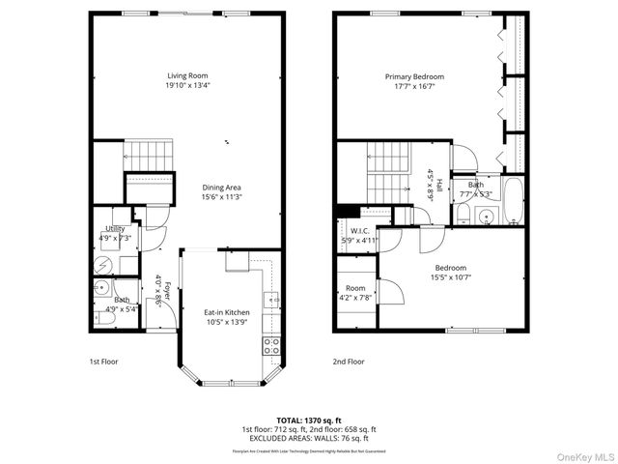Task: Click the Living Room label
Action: pyautogui.click(x=187, y=75)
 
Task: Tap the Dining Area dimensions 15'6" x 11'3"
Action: pyautogui.click(x=221, y=197)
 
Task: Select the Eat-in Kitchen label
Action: pyautogui.click(x=226, y=312)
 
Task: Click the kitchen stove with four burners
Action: pyautogui.click(x=272, y=345)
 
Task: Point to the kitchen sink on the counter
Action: pyautogui.click(x=272, y=297)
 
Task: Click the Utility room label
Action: pyautogui.click(x=115, y=228)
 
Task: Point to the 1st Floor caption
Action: pyautogui.click(x=103, y=362)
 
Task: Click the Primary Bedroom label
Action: pyautogui.click(x=414, y=76)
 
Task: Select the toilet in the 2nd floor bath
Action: pyautogui.click(x=464, y=210)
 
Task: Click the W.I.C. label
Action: pyautogui.click(x=359, y=231)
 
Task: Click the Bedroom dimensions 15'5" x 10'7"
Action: pyautogui.click(x=450, y=277)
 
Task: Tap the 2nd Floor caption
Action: pyautogui.click(x=350, y=362)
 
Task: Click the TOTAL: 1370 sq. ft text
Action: pyautogui.click(x=309, y=420)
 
